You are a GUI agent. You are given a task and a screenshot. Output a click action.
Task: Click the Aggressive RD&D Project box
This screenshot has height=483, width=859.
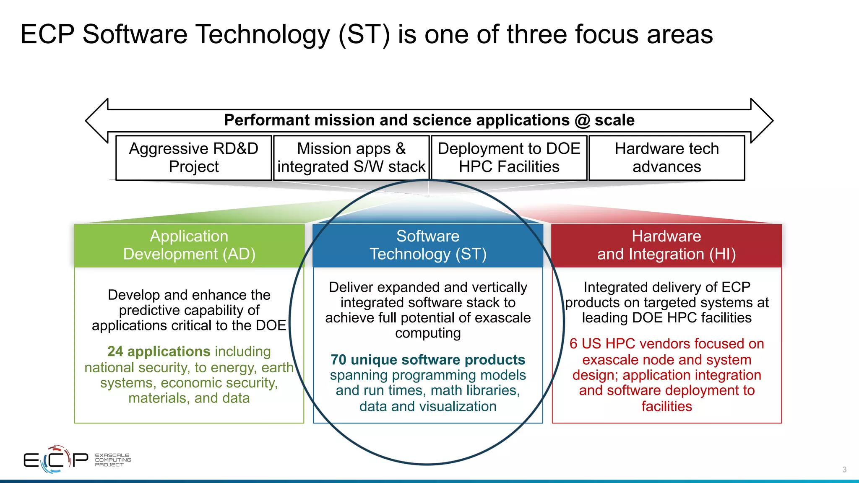tap(193, 158)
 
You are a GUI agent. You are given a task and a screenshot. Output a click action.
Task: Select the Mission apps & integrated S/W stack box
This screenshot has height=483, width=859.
tap(351, 158)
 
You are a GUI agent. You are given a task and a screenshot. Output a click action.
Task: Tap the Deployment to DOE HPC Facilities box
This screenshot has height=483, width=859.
tap(509, 158)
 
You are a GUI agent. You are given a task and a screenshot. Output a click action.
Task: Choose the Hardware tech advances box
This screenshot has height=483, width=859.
tap(666, 158)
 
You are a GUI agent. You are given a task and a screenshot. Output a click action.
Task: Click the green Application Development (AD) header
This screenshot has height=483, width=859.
tap(189, 245)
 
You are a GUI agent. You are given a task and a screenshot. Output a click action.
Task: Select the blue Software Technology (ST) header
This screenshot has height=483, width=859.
tap(428, 245)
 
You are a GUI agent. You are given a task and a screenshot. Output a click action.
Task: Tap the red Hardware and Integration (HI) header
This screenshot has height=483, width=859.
tap(666, 245)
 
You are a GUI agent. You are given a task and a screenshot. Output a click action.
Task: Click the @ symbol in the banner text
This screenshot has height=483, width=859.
tap(583, 121)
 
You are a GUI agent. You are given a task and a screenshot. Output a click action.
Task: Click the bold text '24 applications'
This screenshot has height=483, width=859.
tap(159, 351)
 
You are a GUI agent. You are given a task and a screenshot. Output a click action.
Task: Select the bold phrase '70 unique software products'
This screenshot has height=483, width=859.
tap(428, 360)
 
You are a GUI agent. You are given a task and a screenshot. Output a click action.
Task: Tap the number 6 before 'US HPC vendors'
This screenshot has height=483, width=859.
tap(573, 344)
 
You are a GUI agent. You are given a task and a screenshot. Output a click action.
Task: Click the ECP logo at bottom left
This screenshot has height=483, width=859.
tap(55, 460)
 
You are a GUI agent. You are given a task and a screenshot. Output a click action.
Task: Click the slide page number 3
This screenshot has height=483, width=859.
tap(844, 470)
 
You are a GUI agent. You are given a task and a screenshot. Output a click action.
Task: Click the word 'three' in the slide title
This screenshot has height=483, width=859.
tap(536, 34)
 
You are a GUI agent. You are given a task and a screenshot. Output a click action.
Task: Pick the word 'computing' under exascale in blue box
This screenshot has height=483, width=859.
tap(428, 333)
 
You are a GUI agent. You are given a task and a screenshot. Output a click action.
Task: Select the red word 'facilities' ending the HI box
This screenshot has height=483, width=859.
tap(666, 406)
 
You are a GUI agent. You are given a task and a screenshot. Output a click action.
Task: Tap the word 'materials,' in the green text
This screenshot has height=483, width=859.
tap(159, 398)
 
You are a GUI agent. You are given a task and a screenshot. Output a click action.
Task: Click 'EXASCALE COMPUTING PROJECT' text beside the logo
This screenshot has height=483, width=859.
tap(112, 460)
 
